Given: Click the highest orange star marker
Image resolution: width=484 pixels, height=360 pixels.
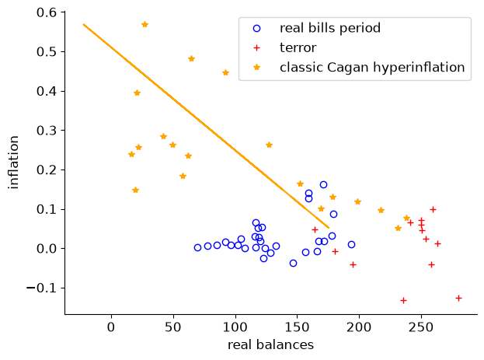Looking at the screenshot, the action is tap(145, 24).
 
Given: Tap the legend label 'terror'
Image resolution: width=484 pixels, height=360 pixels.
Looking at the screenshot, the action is tap(298, 48).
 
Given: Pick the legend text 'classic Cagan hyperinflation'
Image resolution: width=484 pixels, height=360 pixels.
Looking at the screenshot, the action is tap(372, 68).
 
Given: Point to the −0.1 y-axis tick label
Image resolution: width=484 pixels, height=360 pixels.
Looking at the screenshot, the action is tap(42, 288).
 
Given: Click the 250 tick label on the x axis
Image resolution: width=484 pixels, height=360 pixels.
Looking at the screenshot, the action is tap(421, 327).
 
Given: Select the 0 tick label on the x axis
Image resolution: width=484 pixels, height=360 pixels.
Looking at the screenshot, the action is tap(111, 327).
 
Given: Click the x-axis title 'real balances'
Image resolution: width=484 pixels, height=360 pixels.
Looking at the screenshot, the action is tap(270, 345).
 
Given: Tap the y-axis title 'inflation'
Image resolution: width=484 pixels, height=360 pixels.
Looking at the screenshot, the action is tap(14, 163).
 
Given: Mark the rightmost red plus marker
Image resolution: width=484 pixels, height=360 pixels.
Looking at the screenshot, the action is tap(458, 299).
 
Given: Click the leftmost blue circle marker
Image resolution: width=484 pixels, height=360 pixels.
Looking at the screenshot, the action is tap(197, 247).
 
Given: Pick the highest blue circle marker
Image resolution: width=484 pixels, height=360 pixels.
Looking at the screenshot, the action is tap(323, 185).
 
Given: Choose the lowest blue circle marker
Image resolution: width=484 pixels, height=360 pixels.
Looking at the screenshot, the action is tap(293, 264).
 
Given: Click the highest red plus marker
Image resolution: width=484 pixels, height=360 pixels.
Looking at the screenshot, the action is tap(433, 210).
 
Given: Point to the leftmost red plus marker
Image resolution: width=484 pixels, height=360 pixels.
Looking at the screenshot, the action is tap(315, 229).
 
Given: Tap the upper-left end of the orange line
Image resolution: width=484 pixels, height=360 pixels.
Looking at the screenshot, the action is tap(83, 24).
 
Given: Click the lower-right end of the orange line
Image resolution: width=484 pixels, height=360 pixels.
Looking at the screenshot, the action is tap(329, 228).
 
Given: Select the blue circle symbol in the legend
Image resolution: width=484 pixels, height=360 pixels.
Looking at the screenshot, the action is tap(257, 29).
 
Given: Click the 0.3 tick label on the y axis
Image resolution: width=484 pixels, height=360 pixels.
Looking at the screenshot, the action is tap(47, 131).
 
